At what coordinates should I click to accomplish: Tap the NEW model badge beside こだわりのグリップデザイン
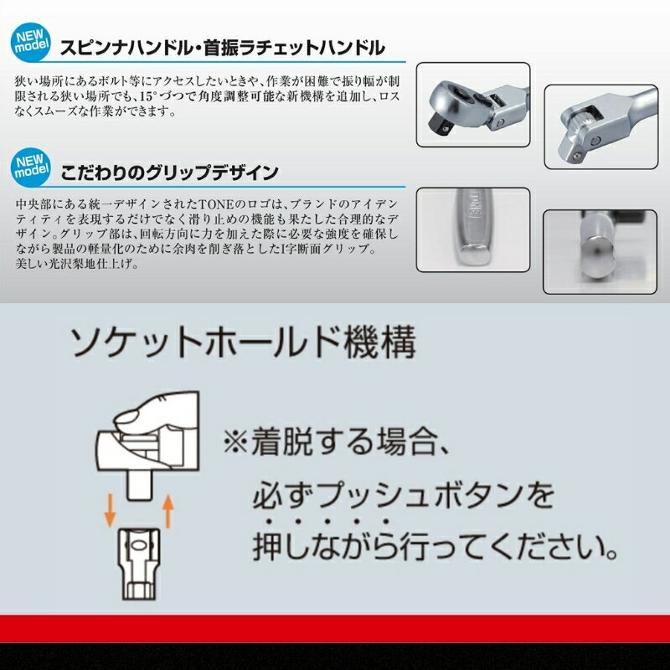31,167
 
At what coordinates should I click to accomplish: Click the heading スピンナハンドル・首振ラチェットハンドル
223,48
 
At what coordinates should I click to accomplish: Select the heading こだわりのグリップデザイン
169,173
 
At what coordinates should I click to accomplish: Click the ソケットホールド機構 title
243,343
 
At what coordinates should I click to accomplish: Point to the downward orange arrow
111,510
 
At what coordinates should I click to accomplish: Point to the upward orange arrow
168,511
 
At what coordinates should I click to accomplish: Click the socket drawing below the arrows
139,564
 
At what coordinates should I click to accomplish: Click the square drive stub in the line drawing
140,485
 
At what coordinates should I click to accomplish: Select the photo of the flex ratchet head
473,105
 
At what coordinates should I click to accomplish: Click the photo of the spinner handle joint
600,126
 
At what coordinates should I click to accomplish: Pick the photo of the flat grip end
473,229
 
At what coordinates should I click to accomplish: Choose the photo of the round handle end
600,252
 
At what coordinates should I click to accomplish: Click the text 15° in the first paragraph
147,96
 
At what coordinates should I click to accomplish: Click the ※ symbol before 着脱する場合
235,442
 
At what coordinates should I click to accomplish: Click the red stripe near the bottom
335,629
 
